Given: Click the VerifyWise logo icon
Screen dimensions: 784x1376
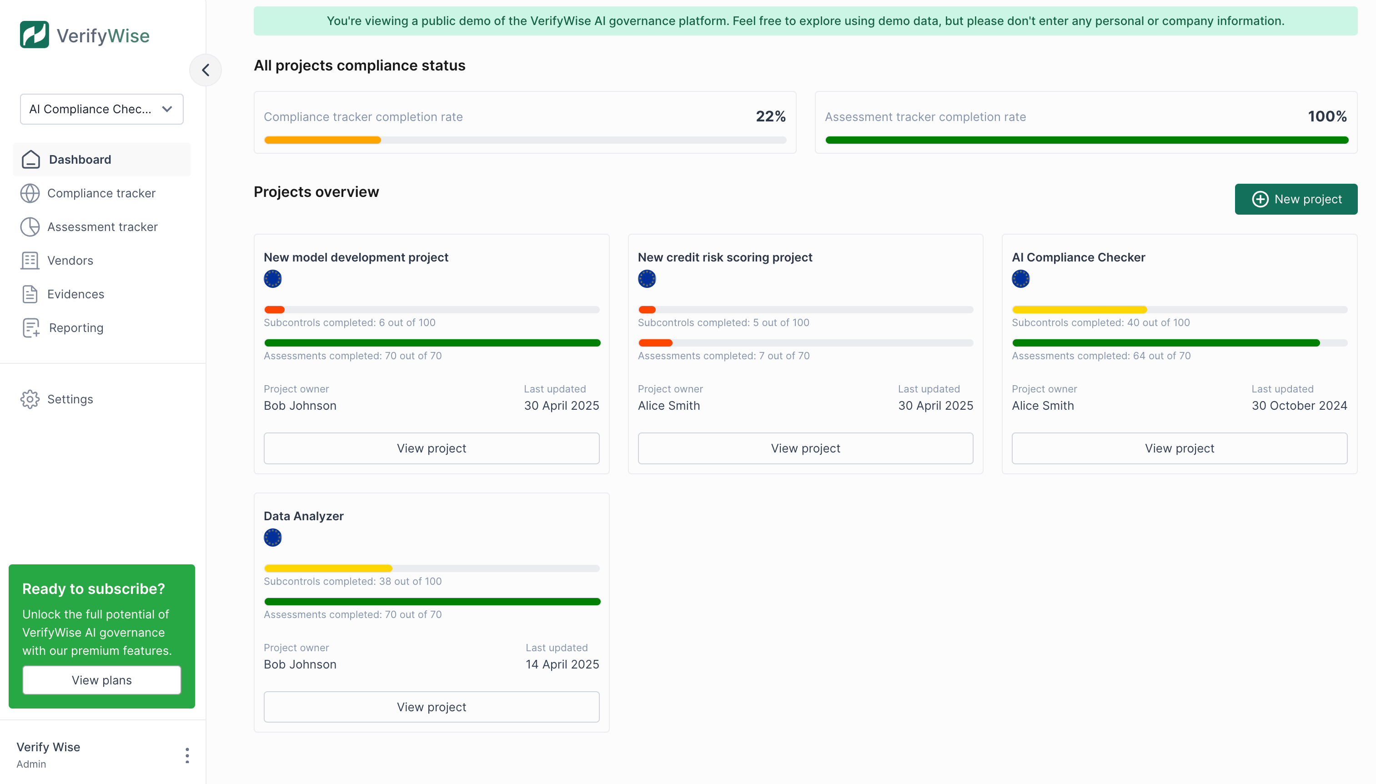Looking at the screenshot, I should point(34,35).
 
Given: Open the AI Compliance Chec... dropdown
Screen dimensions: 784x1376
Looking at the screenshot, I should point(101,109).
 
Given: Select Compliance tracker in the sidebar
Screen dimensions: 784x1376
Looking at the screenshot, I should point(101,193).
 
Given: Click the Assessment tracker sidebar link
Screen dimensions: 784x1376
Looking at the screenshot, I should point(102,226).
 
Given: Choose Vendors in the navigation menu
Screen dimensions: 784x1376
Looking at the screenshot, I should point(70,261).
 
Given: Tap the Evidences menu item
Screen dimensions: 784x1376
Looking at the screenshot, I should point(75,294).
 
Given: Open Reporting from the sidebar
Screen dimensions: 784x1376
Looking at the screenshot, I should point(76,328).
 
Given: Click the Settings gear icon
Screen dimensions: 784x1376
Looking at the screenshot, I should point(30,399).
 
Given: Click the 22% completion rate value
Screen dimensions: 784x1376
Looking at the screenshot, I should point(770,116).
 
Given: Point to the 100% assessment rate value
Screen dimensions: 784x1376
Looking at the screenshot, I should point(1327,116).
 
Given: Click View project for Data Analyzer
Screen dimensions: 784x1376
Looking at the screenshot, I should point(431,707).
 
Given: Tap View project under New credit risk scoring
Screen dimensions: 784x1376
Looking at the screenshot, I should point(805,448).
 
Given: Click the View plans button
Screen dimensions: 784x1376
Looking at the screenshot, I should point(101,680).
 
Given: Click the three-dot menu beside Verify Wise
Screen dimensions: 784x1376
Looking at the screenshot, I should point(187,755).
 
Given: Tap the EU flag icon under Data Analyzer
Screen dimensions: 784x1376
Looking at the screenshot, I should point(272,538).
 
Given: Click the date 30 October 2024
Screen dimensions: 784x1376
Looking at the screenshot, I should point(1299,406).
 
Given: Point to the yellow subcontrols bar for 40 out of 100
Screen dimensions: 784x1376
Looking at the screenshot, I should point(1080,310).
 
